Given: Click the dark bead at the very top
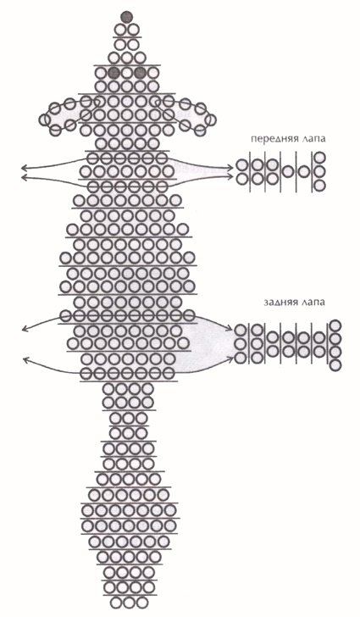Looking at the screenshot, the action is coord(127,17).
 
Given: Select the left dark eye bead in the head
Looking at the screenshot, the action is coord(114,73).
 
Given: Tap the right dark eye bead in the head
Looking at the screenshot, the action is coord(140,73).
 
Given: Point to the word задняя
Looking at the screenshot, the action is coord(279,303).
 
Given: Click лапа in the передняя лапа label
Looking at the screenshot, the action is coord(313,139).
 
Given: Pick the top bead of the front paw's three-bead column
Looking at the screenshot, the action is coord(320,158).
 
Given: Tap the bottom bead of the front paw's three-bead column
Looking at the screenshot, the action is coord(320,185).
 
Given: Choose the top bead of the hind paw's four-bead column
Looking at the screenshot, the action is coord(335,325).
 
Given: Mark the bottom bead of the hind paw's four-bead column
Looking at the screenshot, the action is coord(335,364).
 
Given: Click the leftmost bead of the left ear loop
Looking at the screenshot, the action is coord(45,120).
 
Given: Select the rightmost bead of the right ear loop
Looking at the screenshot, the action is coord(210,120).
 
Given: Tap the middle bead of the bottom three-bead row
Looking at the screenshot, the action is coord(129,603).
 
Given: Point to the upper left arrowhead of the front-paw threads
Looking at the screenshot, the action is coord(25,168).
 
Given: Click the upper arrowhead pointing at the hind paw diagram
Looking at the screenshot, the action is coord(230,329).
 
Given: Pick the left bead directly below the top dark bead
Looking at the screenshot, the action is coord(120,30).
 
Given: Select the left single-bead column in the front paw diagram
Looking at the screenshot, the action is coord(288,171).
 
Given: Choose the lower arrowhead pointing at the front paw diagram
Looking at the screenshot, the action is coord(231,176).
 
